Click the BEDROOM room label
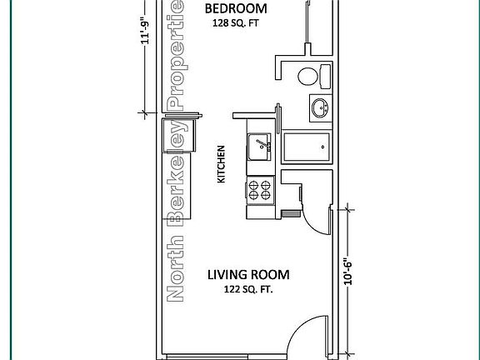click(236, 8)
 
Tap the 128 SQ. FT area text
click(236, 23)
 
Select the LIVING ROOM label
click(248, 275)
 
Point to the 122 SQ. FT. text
click(248, 289)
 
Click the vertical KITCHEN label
click(221, 164)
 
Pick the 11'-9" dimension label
click(145, 32)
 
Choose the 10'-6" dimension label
click(347, 273)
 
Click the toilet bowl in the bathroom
click(308, 76)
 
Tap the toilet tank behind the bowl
click(325, 76)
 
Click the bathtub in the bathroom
click(307, 147)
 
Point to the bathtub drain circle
click(322, 147)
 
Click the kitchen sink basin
click(259, 147)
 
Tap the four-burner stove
click(260, 190)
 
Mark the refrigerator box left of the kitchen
click(178, 135)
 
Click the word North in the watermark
click(175, 269)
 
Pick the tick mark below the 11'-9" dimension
click(143, 113)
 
